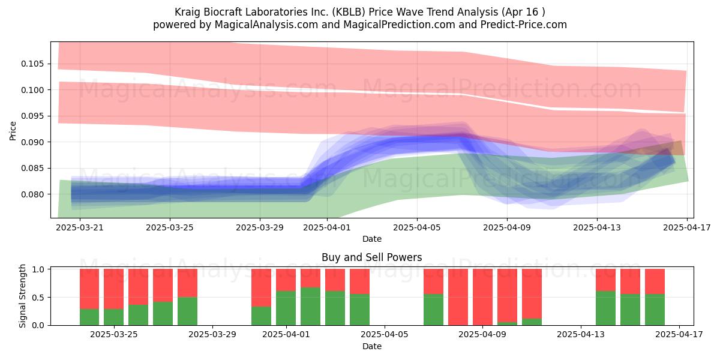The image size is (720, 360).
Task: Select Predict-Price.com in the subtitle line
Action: (524, 25)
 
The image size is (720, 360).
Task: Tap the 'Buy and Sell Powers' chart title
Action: (372, 257)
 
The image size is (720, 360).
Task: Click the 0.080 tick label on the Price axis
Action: (32, 194)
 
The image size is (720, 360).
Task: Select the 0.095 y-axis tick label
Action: (32, 116)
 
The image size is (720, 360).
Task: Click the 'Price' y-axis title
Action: (13, 131)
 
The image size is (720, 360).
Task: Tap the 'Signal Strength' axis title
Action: (22, 296)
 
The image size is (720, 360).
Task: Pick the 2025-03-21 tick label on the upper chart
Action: (80, 227)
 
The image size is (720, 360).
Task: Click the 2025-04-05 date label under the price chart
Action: (417, 227)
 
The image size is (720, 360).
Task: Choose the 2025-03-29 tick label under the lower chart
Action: (212, 335)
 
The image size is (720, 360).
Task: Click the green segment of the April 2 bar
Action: (311, 307)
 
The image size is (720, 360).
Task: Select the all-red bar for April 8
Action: (458, 297)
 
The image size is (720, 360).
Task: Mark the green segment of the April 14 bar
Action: (605, 308)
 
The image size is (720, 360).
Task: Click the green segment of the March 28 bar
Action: (187, 311)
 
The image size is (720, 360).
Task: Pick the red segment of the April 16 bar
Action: (655, 281)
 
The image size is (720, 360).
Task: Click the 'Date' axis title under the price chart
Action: (372, 239)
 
